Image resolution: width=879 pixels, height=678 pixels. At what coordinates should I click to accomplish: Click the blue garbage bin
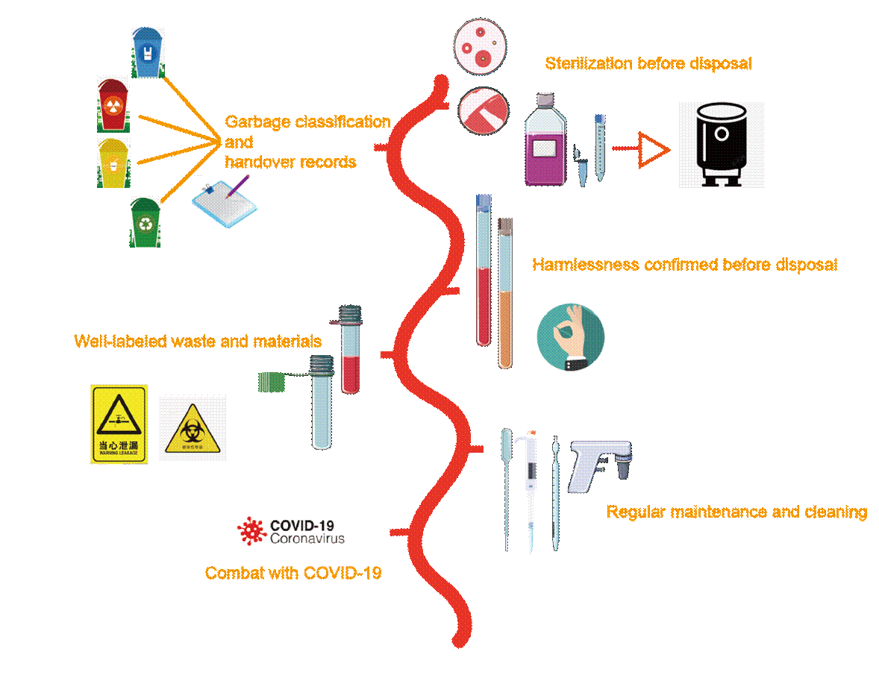(x=148, y=52)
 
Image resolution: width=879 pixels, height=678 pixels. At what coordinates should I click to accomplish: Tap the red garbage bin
(x=114, y=104)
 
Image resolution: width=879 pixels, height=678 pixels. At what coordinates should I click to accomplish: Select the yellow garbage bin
(x=114, y=161)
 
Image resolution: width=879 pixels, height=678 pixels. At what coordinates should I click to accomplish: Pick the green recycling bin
(x=145, y=222)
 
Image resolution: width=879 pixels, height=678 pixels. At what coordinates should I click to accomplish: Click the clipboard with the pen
(x=225, y=201)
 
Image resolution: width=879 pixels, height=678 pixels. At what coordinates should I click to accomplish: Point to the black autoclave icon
(x=722, y=145)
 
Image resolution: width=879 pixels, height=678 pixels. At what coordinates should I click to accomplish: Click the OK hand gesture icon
(x=570, y=338)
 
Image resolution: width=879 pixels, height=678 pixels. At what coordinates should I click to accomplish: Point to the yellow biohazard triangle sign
(x=193, y=429)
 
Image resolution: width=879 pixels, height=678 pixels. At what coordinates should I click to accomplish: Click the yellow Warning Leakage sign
(x=119, y=424)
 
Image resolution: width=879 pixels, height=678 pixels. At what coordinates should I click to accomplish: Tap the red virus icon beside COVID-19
(x=252, y=530)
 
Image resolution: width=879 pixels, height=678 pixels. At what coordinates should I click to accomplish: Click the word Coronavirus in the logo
(x=307, y=538)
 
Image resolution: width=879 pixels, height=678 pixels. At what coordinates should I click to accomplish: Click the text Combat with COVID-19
(x=293, y=574)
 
